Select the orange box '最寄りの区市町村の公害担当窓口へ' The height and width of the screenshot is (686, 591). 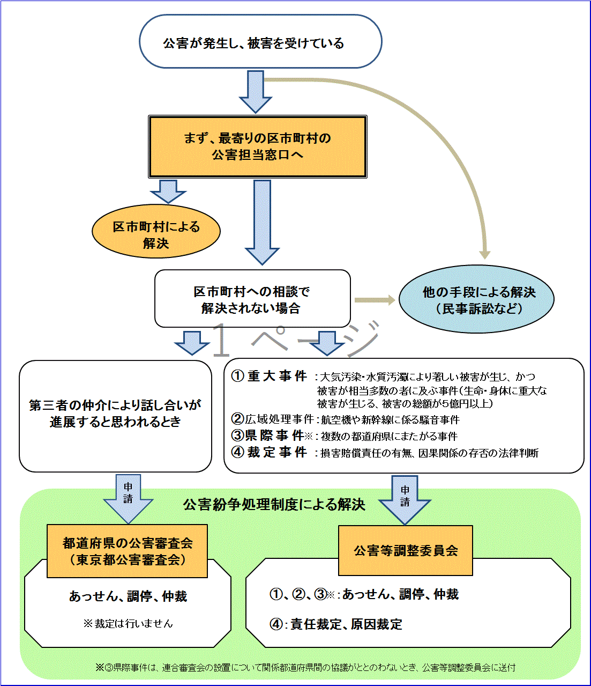pyautogui.click(x=257, y=146)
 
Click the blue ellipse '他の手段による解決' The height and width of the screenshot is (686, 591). pyautogui.click(x=476, y=299)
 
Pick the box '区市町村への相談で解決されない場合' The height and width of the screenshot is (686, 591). pyautogui.click(x=252, y=299)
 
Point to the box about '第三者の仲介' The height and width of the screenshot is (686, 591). pyautogui.click(x=115, y=414)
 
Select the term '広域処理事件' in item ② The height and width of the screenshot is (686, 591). pyautogui.click(x=279, y=419)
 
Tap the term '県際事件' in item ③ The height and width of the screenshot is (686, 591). pyautogui.click(x=275, y=436)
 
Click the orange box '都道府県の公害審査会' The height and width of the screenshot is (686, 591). pyautogui.click(x=127, y=551)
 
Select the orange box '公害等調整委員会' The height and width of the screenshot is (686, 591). pyautogui.click(x=406, y=551)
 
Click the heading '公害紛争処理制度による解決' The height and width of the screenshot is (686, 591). pyautogui.click(x=274, y=504)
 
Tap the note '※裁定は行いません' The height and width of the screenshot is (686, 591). pyautogui.click(x=128, y=623)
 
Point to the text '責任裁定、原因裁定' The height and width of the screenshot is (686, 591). pyautogui.click(x=346, y=624)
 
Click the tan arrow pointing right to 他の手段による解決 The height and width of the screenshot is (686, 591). pyautogui.click(x=375, y=300)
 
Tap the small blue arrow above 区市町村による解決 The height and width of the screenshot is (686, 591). pyautogui.click(x=168, y=190)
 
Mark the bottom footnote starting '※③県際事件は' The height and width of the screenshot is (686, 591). pyautogui.click(x=305, y=667)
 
